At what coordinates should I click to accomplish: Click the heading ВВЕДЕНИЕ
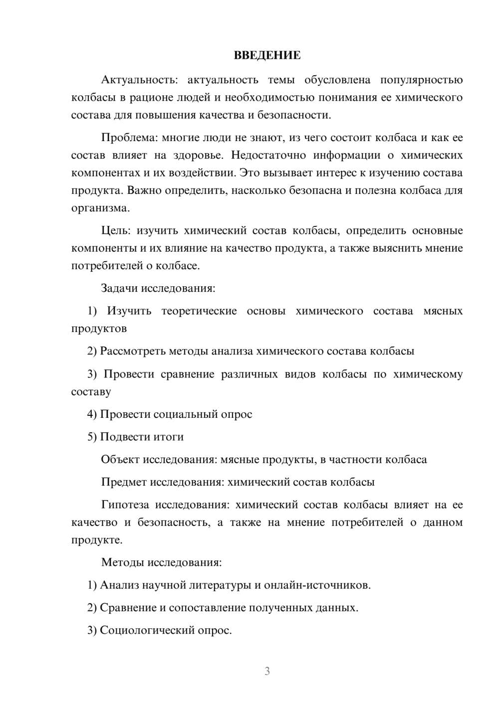267,55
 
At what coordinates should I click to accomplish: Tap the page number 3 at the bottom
267,671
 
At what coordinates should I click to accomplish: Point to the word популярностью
421,80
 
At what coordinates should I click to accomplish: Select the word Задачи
119,288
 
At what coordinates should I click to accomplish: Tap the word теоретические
199,311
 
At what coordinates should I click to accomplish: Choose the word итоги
168,437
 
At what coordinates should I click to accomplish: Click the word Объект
120,459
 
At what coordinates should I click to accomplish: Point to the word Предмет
124,482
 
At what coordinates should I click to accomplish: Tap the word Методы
122,562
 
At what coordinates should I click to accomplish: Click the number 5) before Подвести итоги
92,437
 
